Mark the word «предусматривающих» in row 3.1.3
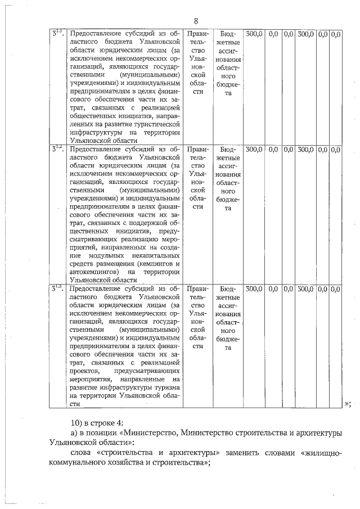click(147, 371)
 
